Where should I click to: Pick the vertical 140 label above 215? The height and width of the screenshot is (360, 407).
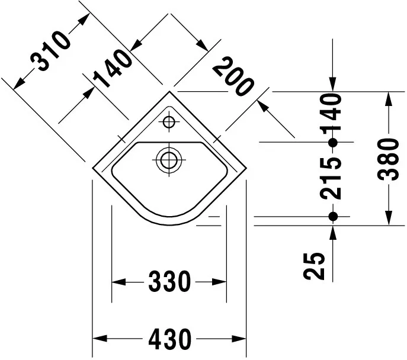pyautogui.click(x=332, y=112)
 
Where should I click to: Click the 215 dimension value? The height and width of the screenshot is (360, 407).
pyautogui.click(x=332, y=178)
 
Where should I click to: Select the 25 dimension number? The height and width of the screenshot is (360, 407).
pyautogui.click(x=317, y=266)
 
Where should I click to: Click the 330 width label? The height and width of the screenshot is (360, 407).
pyautogui.click(x=169, y=282)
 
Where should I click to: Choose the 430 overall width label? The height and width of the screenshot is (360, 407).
pyautogui.click(x=169, y=339)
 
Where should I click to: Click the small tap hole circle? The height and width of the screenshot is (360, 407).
pyautogui.click(x=169, y=123)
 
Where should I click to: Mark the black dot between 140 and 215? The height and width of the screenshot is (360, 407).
pyautogui.click(x=333, y=142)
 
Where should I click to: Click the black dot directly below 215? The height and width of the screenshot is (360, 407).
pyautogui.click(x=333, y=217)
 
